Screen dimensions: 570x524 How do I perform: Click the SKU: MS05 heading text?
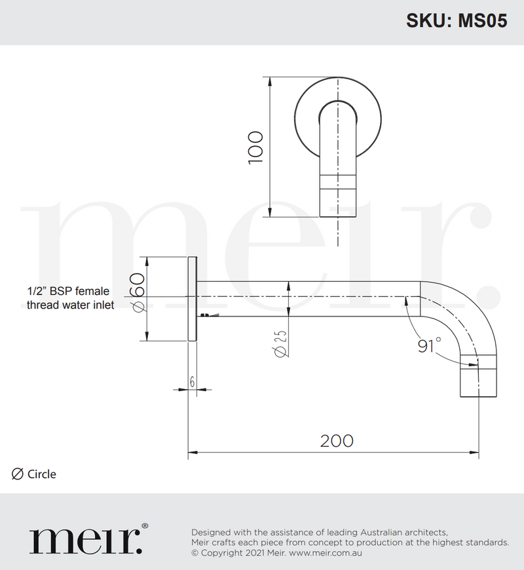pyautogui.click(x=457, y=21)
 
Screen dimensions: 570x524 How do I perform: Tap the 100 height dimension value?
pyautogui.click(x=255, y=147)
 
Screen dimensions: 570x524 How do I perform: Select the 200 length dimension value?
pyautogui.click(x=337, y=441)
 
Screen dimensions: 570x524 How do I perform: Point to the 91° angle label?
pyautogui.click(x=430, y=345)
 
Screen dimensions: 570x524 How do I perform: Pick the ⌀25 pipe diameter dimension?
pyautogui.click(x=280, y=343)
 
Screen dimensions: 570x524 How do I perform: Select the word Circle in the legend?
pyautogui.click(x=42, y=474)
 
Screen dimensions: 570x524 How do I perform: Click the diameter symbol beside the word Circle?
pyautogui.click(x=18, y=474)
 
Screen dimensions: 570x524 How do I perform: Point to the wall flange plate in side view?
pyautogui.click(x=193, y=299)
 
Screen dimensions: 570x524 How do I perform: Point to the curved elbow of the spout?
pyautogui.click(x=468, y=314)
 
